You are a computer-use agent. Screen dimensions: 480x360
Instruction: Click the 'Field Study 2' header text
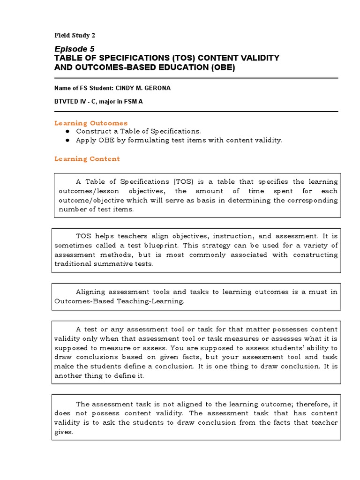tap(75, 36)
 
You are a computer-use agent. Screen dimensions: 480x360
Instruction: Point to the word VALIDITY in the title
tap(256, 58)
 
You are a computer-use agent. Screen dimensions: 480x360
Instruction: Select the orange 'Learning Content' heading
tap(87, 159)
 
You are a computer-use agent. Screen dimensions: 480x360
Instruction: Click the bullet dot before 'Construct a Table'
tap(68, 132)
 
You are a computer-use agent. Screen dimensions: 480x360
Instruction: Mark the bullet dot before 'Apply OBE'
tap(68, 140)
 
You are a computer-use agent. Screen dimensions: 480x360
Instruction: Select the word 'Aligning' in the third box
tap(91, 292)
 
